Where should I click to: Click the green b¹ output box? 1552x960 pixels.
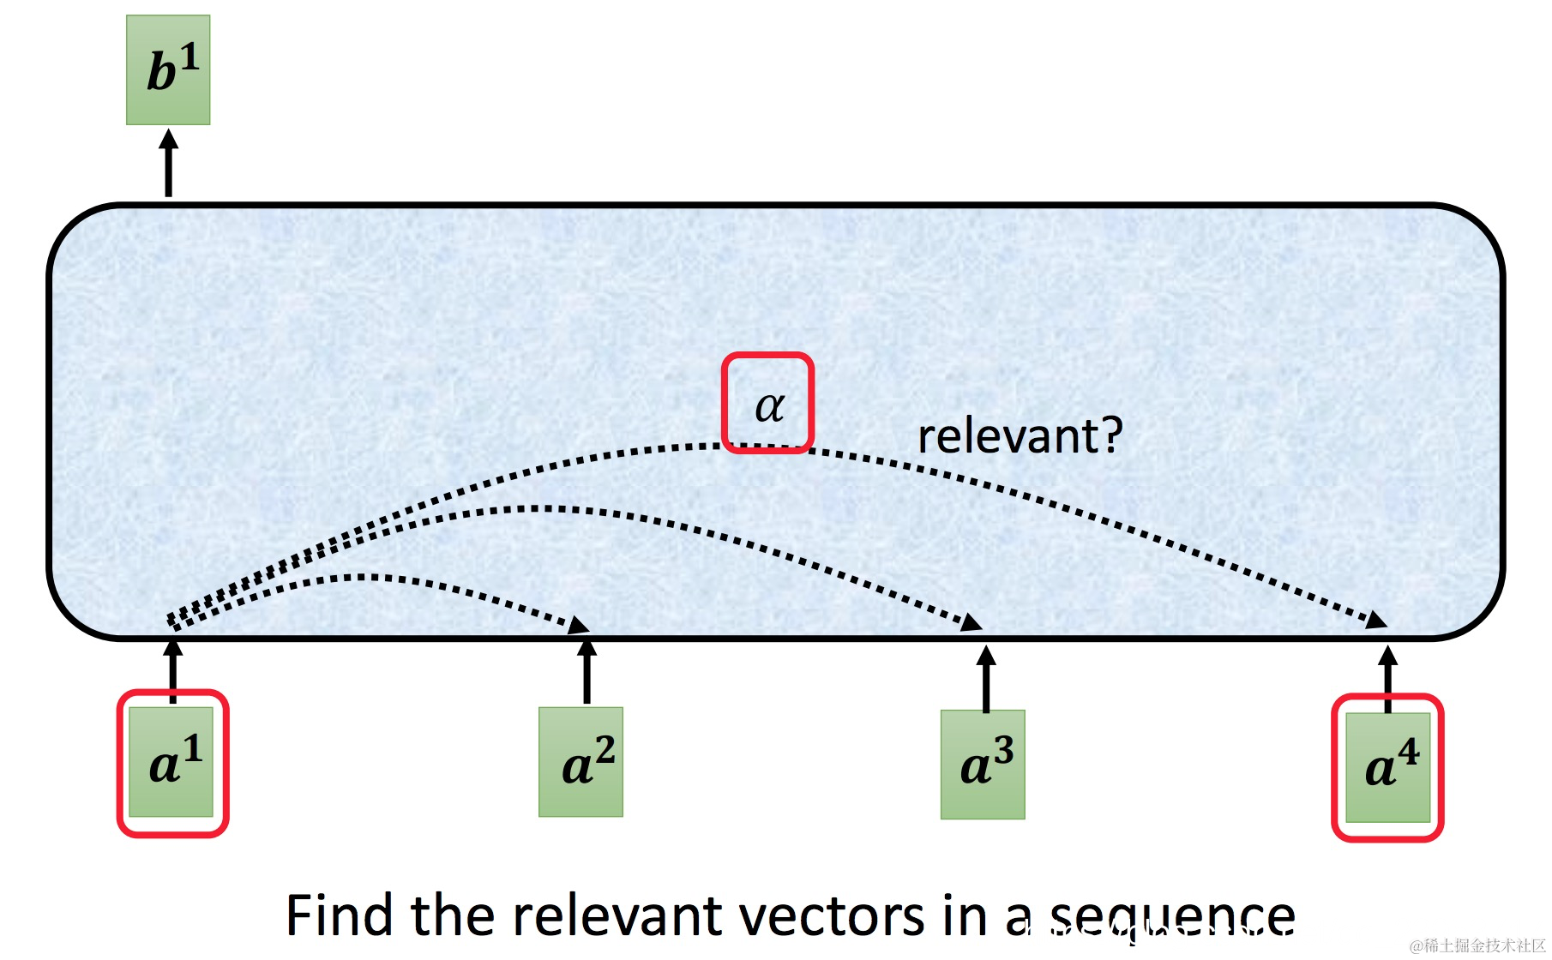coord(168,70)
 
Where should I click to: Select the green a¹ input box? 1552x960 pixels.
coord(171,762)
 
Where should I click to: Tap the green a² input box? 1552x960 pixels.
coord(580,762)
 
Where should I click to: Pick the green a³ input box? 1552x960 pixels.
coord(983,765)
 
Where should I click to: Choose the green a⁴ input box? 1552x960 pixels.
coord(1387,767)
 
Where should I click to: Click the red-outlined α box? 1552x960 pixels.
coord(767,403)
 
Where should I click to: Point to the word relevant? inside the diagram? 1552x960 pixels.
coord(1020,436)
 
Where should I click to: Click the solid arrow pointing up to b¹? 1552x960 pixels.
coord(169,163)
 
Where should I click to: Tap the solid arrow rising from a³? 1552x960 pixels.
coord(986,679)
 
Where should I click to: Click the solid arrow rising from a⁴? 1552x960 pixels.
coord(1388,679)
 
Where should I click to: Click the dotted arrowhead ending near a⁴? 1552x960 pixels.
coord(1377,620)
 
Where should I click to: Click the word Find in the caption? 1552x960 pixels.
coord(340,915)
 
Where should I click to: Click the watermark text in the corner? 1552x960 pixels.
coord(1477,945)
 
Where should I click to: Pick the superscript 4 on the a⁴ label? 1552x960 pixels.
coord(1409,752)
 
